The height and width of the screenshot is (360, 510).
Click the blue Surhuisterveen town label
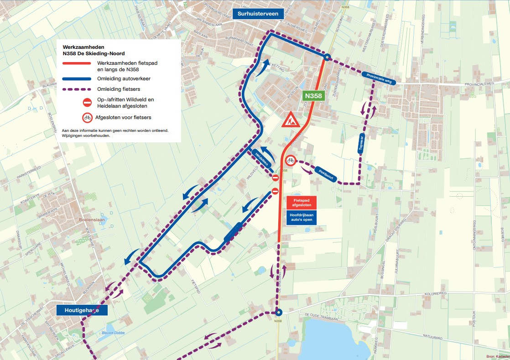pos(258,14)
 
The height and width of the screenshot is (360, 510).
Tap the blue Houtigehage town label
pos(82,310)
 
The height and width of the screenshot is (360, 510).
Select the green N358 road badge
pos(313,96)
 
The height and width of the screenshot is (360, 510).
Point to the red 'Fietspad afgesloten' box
pos(301,202)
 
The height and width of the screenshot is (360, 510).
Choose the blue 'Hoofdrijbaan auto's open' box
pos(301,217)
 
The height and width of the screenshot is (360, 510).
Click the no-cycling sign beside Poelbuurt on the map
pos(291,160)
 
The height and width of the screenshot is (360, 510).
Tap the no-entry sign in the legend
pos(87,103)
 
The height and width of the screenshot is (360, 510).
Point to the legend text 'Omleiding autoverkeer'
pos(124,78)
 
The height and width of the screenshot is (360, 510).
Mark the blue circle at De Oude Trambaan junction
pos(278,313)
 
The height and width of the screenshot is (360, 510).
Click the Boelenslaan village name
pos(93,219)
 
